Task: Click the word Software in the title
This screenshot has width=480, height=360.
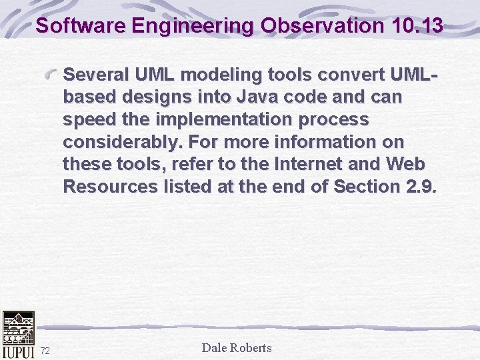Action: coord(81,26)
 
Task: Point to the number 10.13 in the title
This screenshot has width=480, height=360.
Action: coord(414,26)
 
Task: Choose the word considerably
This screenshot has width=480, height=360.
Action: coord(123,142)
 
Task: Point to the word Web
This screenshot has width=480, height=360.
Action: coord(408,164)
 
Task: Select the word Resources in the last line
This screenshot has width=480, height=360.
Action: coord(111,187)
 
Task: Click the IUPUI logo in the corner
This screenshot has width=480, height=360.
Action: coord(17,335)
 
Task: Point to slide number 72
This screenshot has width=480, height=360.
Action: coord(45,351)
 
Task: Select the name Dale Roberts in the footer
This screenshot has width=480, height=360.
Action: coord(237,347)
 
